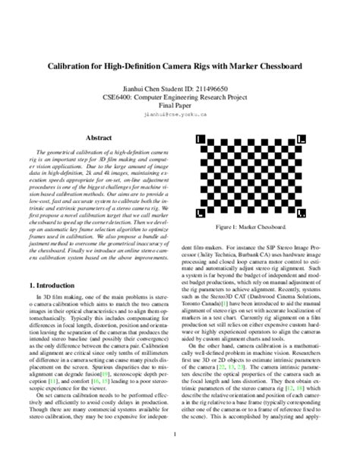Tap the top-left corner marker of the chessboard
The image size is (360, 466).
pyautogui.click(x=200, y=140)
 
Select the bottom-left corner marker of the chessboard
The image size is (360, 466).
pyautogui.click(x=200, y=212)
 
